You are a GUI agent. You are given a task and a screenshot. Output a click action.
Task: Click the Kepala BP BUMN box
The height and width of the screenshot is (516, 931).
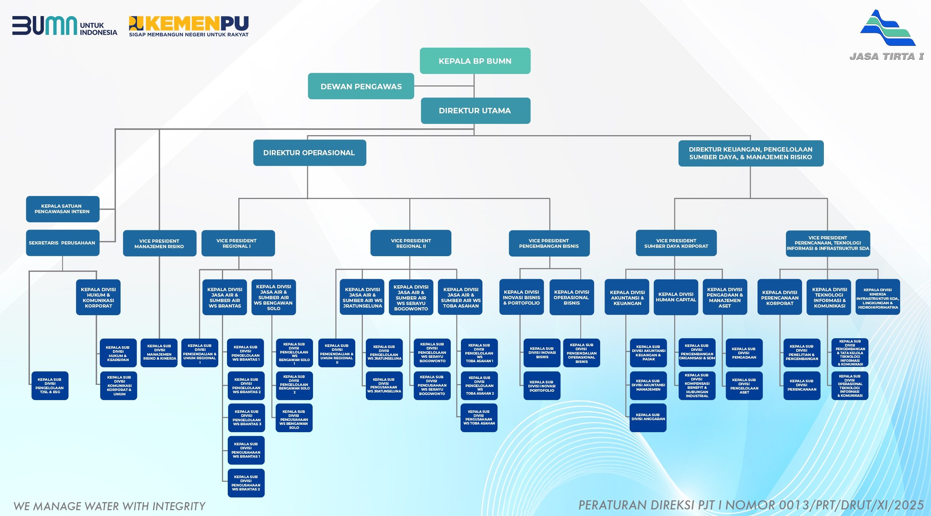pos(475,61)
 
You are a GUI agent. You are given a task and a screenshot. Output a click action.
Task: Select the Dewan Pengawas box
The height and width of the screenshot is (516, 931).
pos(361,86)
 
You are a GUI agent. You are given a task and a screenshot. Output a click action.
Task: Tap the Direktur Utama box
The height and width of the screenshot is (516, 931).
pos(475,111)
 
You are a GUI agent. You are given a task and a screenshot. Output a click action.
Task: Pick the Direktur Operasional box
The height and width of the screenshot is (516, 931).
pos(309,153)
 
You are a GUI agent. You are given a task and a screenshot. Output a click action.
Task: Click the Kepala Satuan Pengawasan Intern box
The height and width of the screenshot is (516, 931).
pos(62,209)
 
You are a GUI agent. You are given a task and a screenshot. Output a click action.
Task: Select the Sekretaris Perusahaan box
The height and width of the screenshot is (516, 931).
pos(62,243)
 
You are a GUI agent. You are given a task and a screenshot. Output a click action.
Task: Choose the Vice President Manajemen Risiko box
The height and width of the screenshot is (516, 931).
pos(159,243)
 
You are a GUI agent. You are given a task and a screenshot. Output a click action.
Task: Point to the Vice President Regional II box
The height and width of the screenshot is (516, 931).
pos(411,243)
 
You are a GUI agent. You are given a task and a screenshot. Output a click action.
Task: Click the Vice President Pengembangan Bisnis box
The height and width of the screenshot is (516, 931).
pos(549,243)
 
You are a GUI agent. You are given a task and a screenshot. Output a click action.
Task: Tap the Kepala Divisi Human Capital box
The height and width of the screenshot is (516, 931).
pos(676,297)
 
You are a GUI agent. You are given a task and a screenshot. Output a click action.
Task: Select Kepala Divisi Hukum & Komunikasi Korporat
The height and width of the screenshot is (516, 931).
pos(98,297)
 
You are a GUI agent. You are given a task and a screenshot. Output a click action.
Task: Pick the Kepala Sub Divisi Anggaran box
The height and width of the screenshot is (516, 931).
pos(648,417)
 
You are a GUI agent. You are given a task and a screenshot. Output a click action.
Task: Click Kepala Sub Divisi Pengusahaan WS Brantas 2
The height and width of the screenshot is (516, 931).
pos(246,483)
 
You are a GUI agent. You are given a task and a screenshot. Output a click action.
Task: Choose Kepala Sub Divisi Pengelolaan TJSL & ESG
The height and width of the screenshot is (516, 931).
pos(50,386)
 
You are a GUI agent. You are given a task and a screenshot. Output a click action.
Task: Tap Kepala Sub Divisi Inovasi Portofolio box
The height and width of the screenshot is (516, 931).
pos(542,386)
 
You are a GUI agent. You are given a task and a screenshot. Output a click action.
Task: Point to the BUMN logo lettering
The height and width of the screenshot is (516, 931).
pos(45,26)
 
